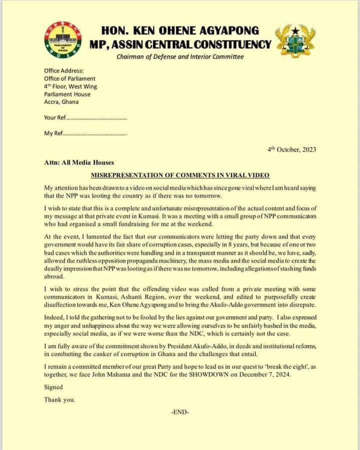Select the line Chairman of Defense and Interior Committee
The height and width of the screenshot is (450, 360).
180,56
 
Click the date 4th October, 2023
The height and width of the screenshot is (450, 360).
292,149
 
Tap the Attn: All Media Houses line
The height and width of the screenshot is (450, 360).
78,162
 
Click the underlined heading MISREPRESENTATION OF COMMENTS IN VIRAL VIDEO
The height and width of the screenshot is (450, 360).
180,175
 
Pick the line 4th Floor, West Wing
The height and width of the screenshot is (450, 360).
70,86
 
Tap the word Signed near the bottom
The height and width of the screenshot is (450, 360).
53,387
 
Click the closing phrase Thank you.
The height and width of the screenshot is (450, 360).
59,399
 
